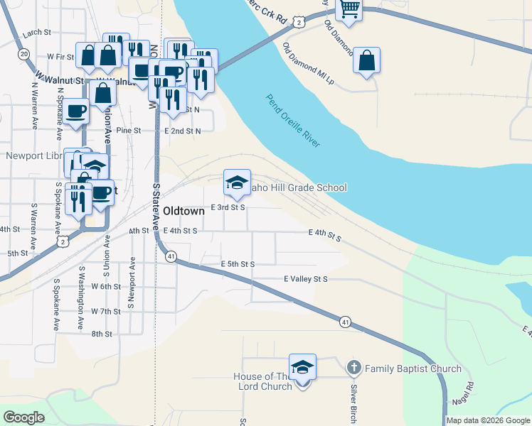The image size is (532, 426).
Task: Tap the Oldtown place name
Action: (x=184, y=211)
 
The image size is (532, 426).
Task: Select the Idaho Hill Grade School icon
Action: (x=237, y=182)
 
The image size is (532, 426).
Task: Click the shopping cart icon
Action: (x=349, y=9)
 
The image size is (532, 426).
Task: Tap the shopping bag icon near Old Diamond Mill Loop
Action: (x=366, y=60)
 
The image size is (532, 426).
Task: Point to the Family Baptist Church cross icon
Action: (x=353, y=368)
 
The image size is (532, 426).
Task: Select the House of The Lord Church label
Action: (x=263, y=381)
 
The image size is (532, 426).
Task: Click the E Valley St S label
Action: (x=305, y=279)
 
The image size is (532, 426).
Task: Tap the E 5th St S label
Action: (x=238, y=264)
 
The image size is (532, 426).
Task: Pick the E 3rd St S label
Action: (x=228, y=208)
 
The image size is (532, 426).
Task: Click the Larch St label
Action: (x=37, y=33)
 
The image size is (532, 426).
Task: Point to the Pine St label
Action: (x=129, y=131)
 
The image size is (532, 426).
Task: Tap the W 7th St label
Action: (x=107, y=312)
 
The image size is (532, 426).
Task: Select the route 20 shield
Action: (x=23, y=54)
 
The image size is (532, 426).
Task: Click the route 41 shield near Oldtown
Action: (x=171, y=256)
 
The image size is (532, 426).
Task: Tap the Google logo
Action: (x=24, y=417)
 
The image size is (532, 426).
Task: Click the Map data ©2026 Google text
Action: (x=488, y=420)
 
